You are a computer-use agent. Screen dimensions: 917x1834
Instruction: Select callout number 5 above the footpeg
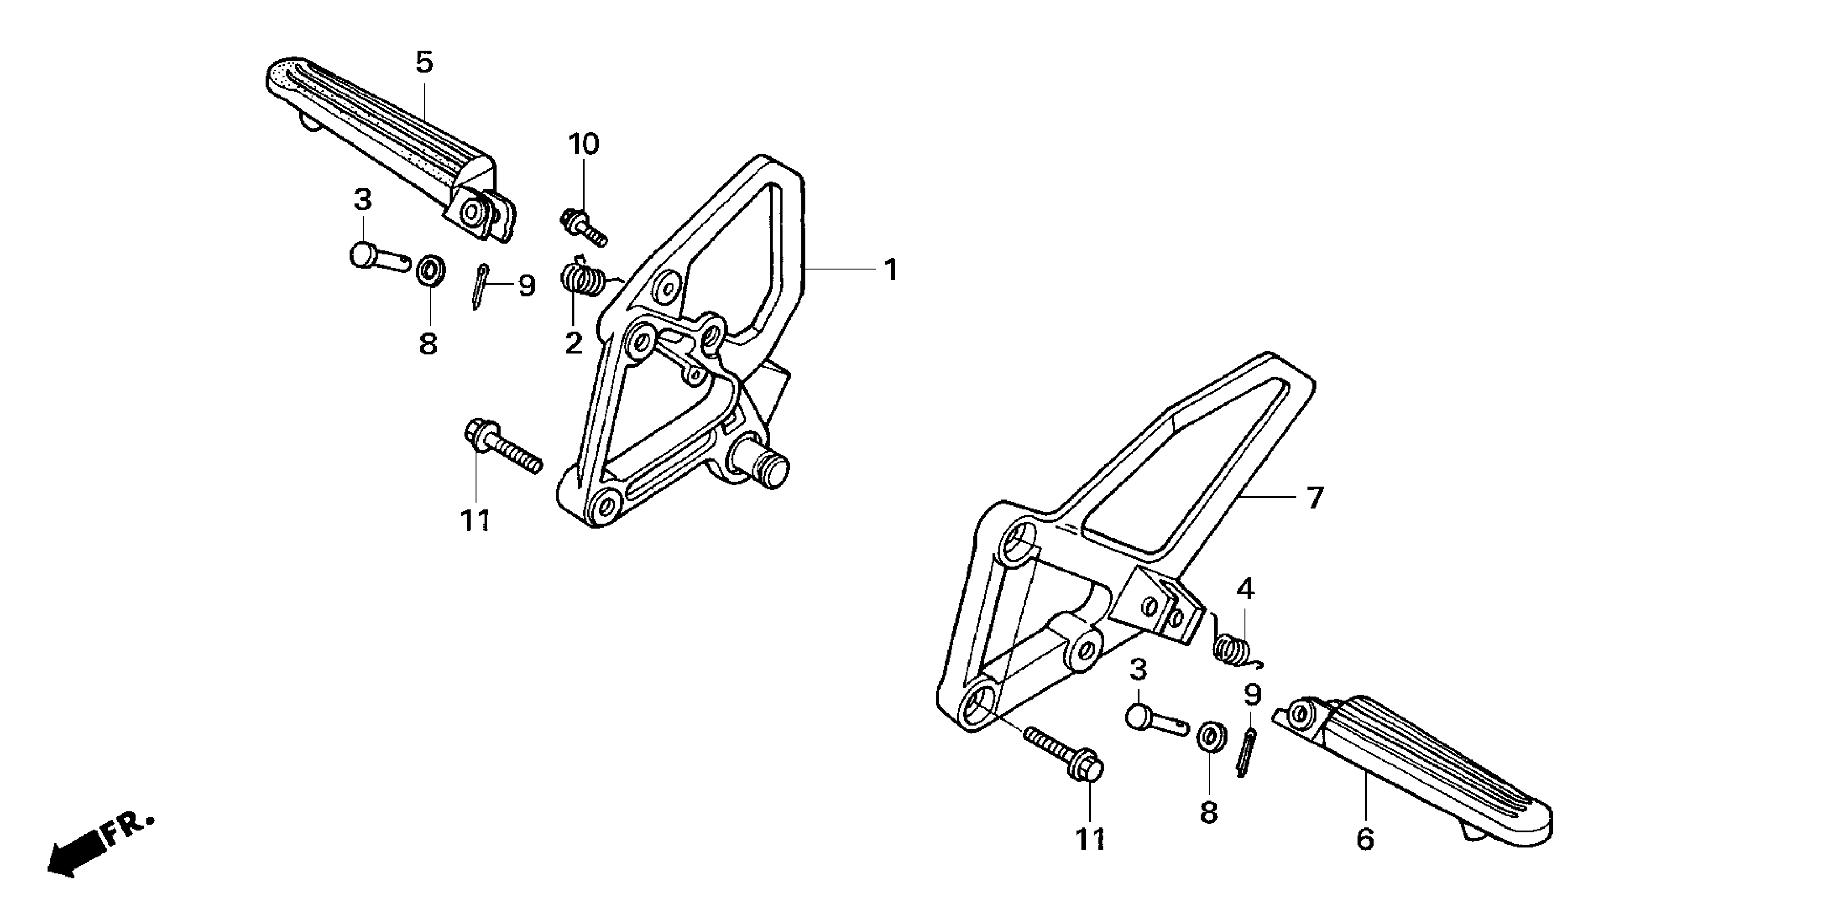coord(424,63)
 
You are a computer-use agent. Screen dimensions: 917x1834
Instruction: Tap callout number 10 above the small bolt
coord(583,145)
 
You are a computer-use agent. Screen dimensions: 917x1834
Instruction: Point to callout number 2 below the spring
coord(574,344)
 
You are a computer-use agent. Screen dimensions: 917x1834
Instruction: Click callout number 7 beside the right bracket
coord(1314,497)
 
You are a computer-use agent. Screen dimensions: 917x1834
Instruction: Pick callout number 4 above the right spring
coord(1245,589)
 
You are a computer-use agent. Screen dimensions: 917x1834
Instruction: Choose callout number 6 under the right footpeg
coord(1364,839)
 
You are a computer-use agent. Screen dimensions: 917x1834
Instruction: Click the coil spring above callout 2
coord(583,277)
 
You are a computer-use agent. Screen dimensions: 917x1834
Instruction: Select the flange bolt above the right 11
coord(1064,752)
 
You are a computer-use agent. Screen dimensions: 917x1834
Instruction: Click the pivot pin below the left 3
coord(377,257)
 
